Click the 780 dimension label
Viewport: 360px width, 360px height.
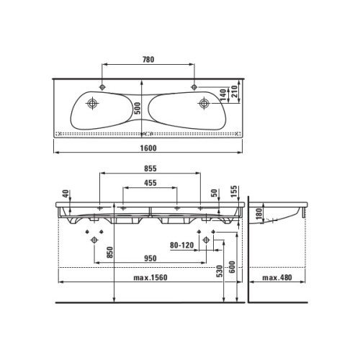148,59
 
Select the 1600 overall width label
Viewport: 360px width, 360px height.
148,148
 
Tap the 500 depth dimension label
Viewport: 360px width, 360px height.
137,108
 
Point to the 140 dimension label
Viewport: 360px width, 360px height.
223,95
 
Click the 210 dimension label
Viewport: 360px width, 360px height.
234,91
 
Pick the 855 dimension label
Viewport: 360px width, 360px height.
150,168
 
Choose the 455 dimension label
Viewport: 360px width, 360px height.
150,183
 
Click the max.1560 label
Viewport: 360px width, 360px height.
150,278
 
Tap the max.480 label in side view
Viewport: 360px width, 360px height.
277,278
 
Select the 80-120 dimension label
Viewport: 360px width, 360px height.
181,246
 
